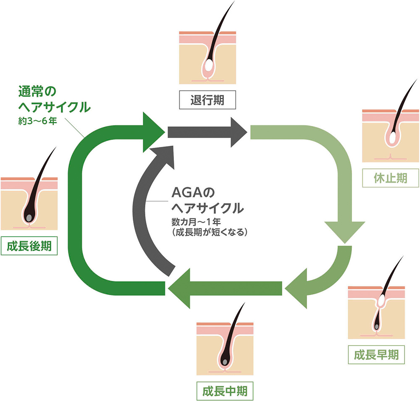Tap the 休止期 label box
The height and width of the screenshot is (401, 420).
tap(390, 178)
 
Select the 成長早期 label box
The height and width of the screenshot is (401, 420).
tap(376, 355)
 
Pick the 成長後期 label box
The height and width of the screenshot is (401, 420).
tap(29, 246)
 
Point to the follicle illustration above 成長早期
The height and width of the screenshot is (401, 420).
tap(376, 312)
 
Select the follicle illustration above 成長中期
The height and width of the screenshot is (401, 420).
tap(225, 349)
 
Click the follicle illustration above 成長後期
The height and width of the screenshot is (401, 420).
tap(29, 204)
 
